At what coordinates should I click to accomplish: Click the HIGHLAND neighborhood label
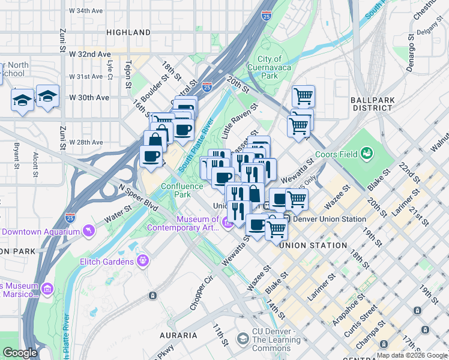point(128,32)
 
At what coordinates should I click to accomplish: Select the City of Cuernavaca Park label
point(270,67)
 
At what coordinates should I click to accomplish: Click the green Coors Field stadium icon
point(364,154)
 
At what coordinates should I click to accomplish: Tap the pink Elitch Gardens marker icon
point(143,261)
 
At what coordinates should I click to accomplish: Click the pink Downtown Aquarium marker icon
point(89,230)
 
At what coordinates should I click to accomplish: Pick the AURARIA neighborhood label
point(178,335)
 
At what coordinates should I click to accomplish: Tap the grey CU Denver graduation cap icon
point(243,340)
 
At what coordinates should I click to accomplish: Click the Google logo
point(20,353)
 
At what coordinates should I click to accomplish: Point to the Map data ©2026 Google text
point(412,355)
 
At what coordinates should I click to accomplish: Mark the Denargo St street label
point(411,58)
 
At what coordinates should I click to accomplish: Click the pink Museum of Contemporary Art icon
point(227,224)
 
